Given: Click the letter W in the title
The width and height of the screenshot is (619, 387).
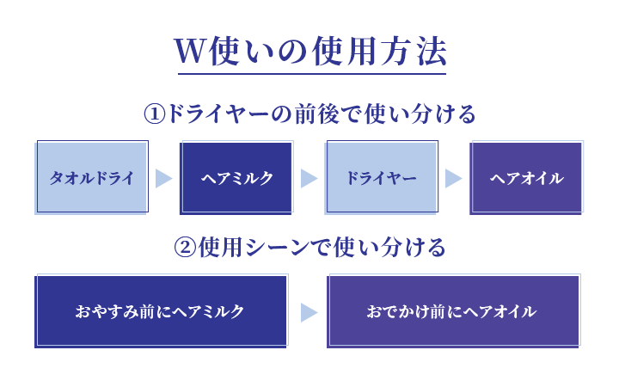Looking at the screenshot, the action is coord(191,51).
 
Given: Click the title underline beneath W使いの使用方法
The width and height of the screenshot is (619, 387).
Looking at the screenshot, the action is coord(312,73).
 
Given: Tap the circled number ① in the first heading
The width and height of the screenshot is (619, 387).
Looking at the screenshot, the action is coord(155,114).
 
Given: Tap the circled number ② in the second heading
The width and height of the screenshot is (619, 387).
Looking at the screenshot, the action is coord(185,248).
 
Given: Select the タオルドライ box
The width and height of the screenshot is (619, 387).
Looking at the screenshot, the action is coord(92,178).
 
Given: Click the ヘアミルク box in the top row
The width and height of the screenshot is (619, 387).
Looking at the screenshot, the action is coord(237,178).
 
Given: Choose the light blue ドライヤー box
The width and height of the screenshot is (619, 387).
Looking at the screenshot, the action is coord(382,178).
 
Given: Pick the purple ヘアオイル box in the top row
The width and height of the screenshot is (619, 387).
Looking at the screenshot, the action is coord(527,178).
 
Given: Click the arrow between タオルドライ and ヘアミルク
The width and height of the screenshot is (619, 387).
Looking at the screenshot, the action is coord(164,179).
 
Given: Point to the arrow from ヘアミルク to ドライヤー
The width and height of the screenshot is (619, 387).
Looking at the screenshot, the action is coord(309,179).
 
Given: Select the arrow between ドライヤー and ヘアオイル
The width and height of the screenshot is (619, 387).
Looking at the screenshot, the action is coord(454,179).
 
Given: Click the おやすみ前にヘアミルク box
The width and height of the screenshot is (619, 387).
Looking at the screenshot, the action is coord(162,310).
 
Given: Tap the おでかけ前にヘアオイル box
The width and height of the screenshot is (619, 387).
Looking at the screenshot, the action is coord(454,310).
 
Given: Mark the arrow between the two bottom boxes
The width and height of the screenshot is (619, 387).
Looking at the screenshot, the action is coord(309,312).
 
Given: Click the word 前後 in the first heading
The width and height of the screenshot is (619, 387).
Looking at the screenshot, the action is coord(316,114).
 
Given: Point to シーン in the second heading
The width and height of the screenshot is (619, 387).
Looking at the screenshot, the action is coord(278,248).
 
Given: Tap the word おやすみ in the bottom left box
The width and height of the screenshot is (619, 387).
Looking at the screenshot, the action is coord(107,311).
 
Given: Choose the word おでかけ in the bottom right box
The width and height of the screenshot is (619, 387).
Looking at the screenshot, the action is coord(398,311).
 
